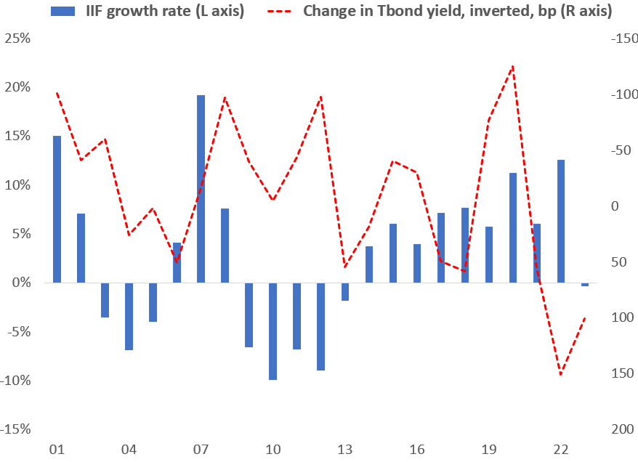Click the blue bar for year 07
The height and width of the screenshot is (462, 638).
tap(201, 189)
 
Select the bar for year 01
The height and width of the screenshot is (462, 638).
tap(57, 209)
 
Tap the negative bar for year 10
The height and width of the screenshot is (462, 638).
tap(272, 331)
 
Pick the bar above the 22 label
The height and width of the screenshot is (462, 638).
tap(560, 221)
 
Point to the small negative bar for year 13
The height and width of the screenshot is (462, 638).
tap(344, 291)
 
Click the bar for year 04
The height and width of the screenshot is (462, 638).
tap(129, 316)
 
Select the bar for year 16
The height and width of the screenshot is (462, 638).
tap(416, 263)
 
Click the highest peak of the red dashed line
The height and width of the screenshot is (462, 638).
tap(513, 66)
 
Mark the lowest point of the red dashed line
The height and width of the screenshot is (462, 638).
tap(560, 375)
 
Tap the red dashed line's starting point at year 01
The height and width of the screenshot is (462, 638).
tap(57, 93)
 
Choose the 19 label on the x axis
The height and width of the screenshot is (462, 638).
tap(488, 447)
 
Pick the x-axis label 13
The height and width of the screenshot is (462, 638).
tap(344, 447)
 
